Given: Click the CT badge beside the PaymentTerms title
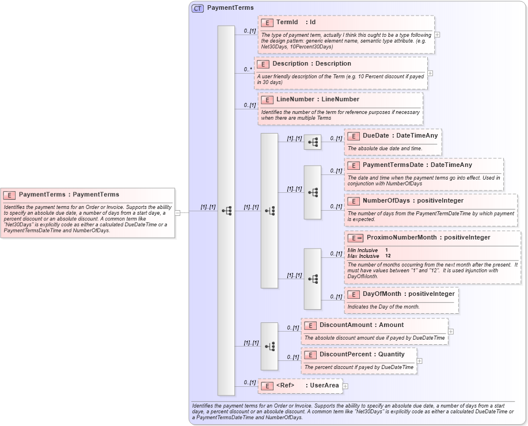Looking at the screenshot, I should point(197,8).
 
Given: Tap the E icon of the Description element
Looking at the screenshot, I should point(263,64).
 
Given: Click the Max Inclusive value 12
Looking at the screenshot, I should point(388,256).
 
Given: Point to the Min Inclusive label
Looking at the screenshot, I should point(363,250).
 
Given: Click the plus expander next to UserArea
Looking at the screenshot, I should point(345,386).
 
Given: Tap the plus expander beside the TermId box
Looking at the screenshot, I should point(438,35).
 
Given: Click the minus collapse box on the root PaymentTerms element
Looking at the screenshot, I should point(177,212).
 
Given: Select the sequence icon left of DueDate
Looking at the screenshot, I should point(313,142).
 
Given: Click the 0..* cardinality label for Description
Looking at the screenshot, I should point(248,69).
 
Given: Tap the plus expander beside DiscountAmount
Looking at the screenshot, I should point(451,332).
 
